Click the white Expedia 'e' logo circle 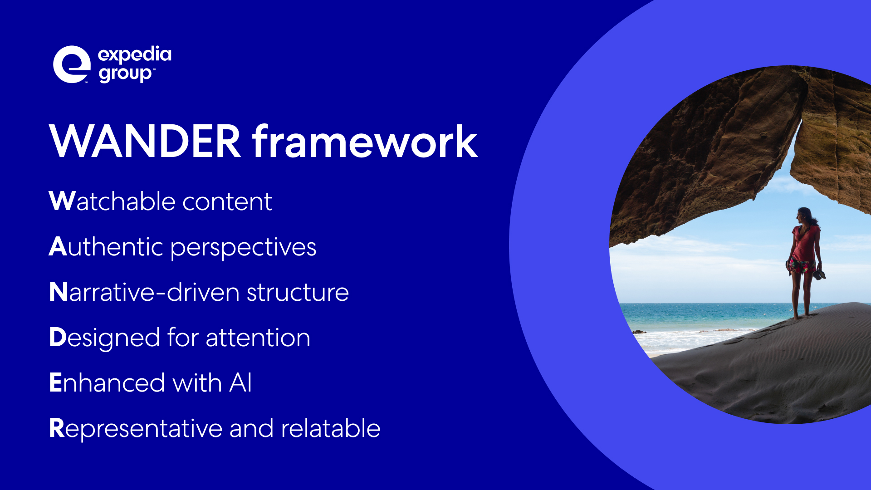click(x=72, y=64)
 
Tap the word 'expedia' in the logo click(x=135, y=55)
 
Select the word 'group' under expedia click(x=125, y=74)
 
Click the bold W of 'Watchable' click(x=62, y=201)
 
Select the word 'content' click(x=227, y=201)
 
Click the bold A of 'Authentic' click(x=58, y=246)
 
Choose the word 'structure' click(x=298, y=292)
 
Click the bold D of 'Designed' click(x=58, y=337)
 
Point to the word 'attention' click(x=258, y=338)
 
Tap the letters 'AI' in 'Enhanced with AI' click(x=240, y=382)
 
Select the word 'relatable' click(x=331, y=428)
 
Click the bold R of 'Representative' click(x=57, y=428)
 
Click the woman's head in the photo click(x=805, y=216)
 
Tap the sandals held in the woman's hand click(x=819, y=274)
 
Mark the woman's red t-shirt click(x=806, y=243)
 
